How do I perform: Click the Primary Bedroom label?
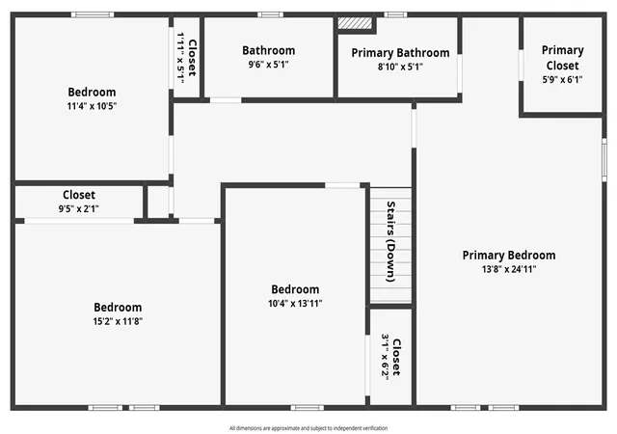click(509, 256)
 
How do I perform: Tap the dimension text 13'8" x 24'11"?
click(509, 269)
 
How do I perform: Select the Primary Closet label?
click(563, 58)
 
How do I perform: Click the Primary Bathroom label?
click(400, 53)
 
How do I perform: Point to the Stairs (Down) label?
click(390, 241)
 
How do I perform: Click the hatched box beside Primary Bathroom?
click(355, 22)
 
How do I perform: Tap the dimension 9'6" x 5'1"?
click(268, 65)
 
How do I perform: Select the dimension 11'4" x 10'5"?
click(92, 106)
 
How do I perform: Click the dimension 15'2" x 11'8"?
click(118, 321)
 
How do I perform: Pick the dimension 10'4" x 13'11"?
click(295, 304)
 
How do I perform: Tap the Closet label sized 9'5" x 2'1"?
click(79, 195)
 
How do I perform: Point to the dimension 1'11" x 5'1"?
click(180, 58)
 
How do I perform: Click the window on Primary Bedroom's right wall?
click(604, 159)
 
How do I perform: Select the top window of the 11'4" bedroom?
click(93, 15)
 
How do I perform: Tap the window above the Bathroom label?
click(270, 15)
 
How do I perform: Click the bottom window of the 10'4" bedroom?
click(308, 408)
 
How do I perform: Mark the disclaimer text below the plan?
click(308, 428)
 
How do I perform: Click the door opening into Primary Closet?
click(521, 66)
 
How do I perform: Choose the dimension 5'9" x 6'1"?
click(563, 79)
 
